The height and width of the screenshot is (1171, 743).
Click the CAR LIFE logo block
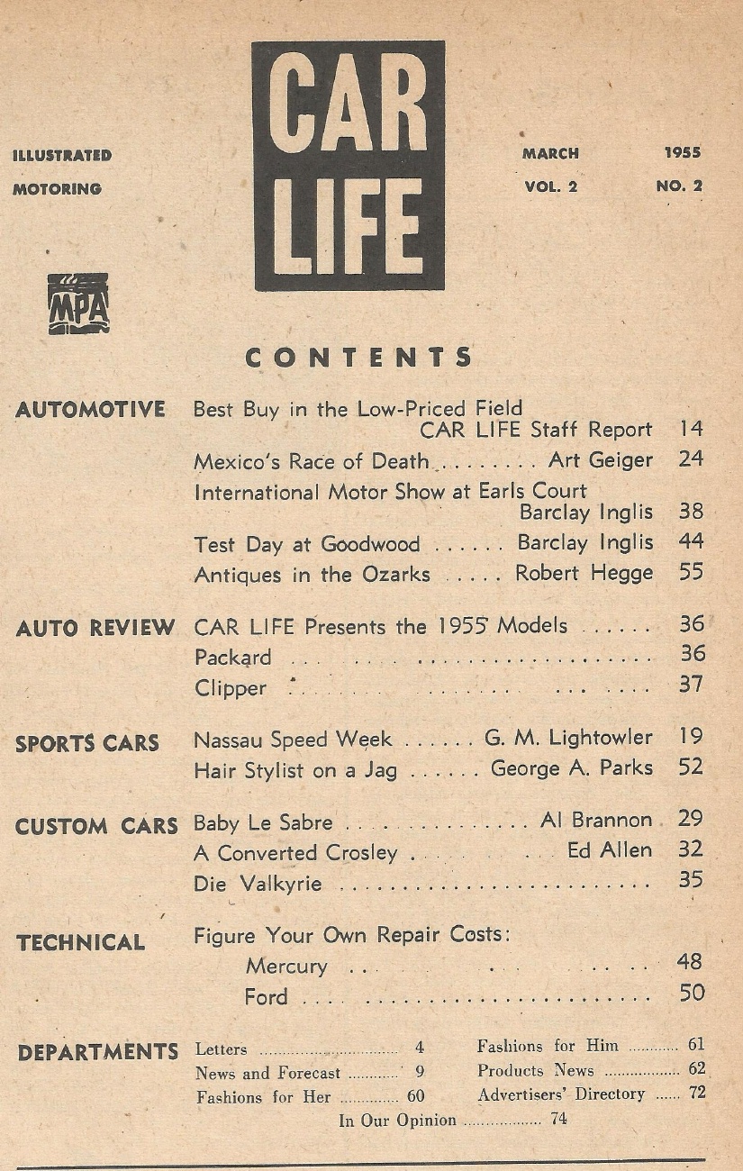[x=349, y=167]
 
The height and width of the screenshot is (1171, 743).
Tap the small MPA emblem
[x=78, y=304]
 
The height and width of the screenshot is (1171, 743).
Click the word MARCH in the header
[x=550, y=153]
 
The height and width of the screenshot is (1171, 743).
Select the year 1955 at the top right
[x=682, y=153]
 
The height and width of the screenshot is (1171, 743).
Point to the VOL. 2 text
[x=550, y=187]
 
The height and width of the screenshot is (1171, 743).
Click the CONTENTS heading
[x=358, y=358]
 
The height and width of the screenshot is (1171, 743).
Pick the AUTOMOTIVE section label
[x=91, y=410]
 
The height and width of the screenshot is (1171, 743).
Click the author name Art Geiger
[x=600, y=460]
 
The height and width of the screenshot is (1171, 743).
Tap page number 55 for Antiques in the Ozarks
[x=691, y=572]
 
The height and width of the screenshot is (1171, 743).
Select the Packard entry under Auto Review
[x=232, y=658]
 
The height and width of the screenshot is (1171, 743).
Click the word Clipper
[x=231, y=688]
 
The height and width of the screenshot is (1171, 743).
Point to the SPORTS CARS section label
[x=87, y=744]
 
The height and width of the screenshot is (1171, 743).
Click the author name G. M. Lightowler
[x=568, y=738]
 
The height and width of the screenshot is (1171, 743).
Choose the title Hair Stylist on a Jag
[x=295, y=770]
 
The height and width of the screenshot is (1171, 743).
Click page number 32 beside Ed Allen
[x=691, y=849]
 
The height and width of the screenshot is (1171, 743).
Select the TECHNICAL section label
[x=80, y=943]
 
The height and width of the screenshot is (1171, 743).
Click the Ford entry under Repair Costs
[x=266, y=997]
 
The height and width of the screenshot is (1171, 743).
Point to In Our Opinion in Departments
[x=397, y=1121]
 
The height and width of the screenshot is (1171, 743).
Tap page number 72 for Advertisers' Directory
[x=696, y=1094]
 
